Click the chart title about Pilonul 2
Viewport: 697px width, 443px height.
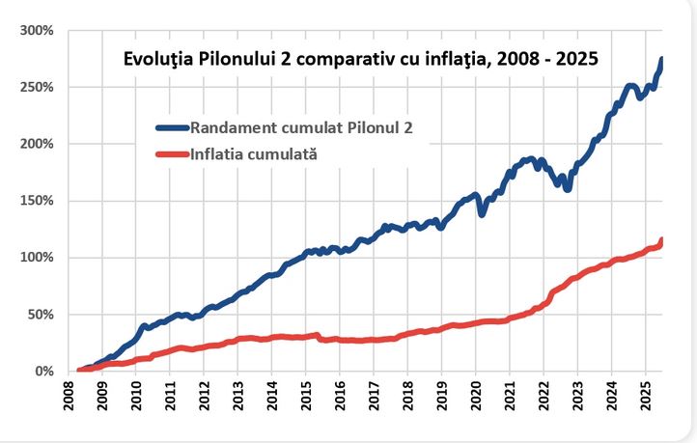click(x=361, y=59)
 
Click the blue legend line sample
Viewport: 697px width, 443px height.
click(x=172, y=127)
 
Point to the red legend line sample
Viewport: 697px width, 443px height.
click(x=172, y=153)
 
